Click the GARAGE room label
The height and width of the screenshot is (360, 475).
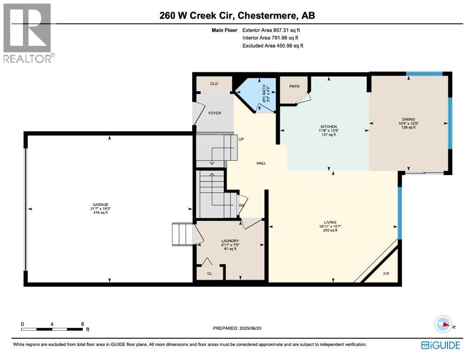click(101, 204)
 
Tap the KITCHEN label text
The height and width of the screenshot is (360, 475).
click(329, 127)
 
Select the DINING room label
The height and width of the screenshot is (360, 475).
click(408, 120)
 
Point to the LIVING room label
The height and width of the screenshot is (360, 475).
click(330, 223)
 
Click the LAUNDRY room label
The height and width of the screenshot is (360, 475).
click(230, 241)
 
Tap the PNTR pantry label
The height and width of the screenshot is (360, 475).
click(294, 86)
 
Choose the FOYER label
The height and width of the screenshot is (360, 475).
click(215, 113)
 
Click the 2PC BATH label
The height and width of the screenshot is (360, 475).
click(264, 93)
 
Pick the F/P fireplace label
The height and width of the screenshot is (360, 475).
click(386, 274)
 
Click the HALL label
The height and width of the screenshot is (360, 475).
click(261, 163)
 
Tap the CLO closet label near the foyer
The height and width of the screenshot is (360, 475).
click(214, 83)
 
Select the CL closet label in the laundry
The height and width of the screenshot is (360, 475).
click(210, 274)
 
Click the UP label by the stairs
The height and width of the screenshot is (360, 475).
click(241, 139)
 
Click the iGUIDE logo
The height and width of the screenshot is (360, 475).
click(440, 345)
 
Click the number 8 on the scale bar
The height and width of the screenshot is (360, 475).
click(82, 324)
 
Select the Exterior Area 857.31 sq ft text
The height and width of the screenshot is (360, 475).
click(271, 30)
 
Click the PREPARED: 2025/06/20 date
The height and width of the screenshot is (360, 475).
click(237, 328)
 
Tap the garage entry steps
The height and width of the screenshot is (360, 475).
click(182, 234)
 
